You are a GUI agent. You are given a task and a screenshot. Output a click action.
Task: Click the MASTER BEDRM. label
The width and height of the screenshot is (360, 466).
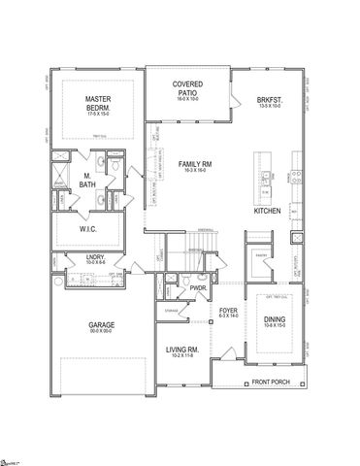click(94, 104)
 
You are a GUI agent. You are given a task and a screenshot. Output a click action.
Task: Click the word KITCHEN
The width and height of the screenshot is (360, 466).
click(269, 210)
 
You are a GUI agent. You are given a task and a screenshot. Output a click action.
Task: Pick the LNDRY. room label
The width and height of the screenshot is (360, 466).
click(68, 257)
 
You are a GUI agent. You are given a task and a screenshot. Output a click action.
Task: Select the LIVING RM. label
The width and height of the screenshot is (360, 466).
click(180, 349)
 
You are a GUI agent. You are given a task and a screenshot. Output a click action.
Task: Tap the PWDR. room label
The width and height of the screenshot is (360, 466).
click(200, 287)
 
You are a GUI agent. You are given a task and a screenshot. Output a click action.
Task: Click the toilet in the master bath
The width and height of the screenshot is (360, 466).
click(115, 169)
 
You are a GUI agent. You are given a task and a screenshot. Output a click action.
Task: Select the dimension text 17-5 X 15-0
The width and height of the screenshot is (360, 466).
click(94, 116)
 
